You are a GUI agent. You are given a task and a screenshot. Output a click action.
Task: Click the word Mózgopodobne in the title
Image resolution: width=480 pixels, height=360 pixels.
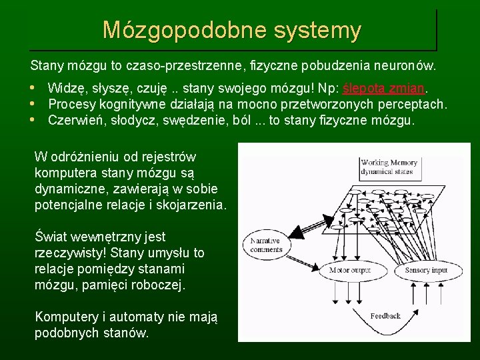[177, 30]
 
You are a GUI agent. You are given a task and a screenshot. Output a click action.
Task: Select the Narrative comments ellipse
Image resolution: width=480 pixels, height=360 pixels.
[267, 245]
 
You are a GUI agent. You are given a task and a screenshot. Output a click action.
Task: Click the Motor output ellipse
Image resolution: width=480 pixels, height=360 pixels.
[350, 270]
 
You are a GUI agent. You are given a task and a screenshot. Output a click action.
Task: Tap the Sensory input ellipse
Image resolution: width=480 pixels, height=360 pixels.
[427, 270]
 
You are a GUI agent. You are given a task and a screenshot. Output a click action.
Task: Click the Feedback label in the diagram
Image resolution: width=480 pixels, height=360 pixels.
[385, 315]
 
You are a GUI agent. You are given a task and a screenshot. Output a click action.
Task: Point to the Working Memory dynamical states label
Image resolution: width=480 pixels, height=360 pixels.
[389, 167]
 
